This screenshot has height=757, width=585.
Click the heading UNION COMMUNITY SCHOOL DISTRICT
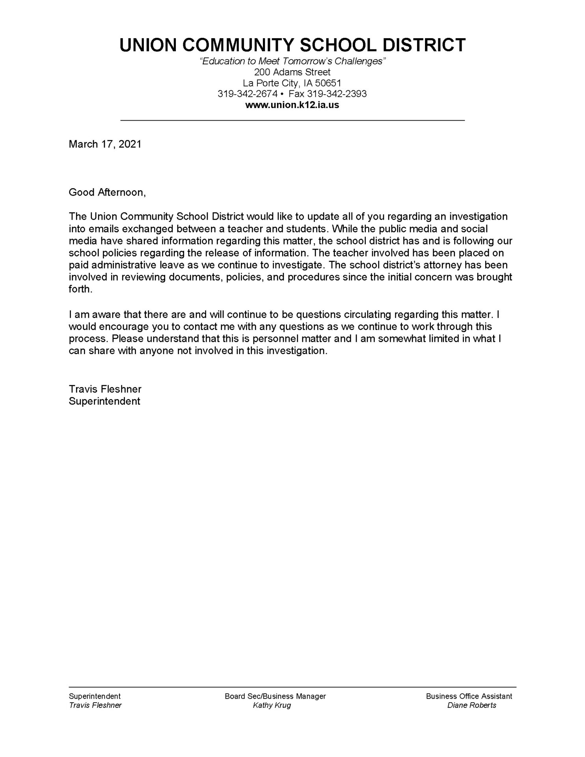pyautogui.click(x=292, y=45)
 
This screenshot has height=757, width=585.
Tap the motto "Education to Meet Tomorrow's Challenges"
pyautogui.click(x=292, y=62)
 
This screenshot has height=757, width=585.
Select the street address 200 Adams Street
pyautogui.click(x=292, y=72)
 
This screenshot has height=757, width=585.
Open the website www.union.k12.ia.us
pyautogui.click(x=292, y=105)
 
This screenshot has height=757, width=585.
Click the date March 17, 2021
pyautogui.click(x=105, y=144)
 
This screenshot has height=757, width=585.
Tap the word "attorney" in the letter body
pyautogui.click(x=440, y=265)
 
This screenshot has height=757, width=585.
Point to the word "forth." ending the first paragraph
pyautogui.click(x=80, y=289)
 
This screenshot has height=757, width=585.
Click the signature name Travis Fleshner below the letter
pyautogui.click(x=105, y=389)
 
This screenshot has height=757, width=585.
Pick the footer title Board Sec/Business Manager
pyautogui.click(x=275, y=696)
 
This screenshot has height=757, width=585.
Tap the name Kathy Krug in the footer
pyautogui.click(x=272, y=705)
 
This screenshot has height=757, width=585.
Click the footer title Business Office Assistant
pyautogui.click(x=469, y=696)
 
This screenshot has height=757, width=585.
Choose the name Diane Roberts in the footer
pyautogui.click(x=471, y=705)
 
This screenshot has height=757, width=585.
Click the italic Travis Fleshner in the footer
pyautogui.click(x=95, y=705)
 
